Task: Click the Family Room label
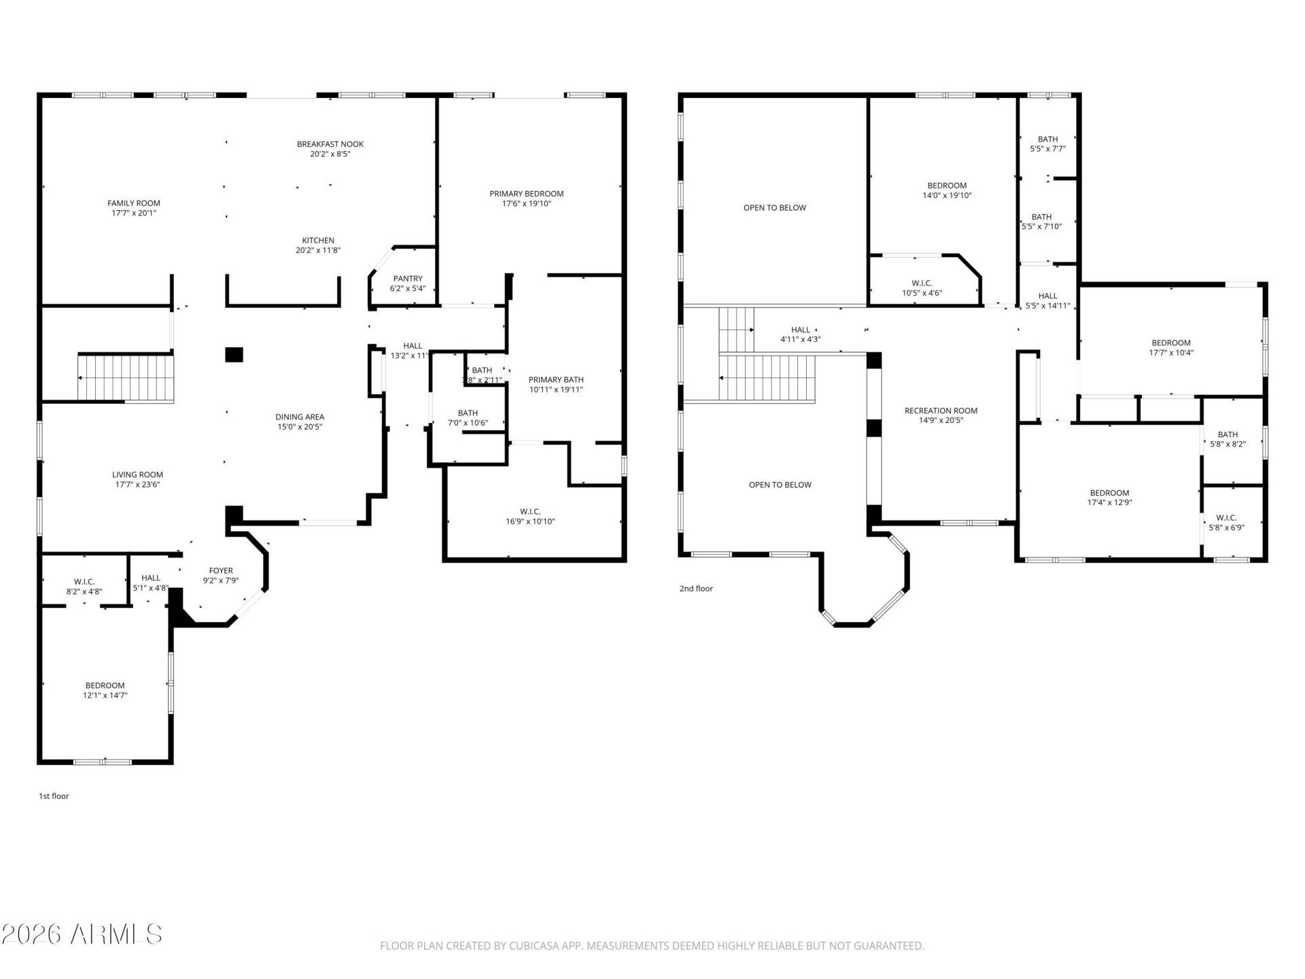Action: (x=134, y=203)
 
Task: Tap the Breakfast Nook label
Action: (x=330, y=144)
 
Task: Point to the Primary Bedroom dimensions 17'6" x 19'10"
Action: (x=527, y=203)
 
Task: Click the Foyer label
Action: (x=221, y=571)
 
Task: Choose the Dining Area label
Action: (x=300, y=417)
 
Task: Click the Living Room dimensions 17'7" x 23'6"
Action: (x=137, y=485)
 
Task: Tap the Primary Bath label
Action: (x=556, y=380)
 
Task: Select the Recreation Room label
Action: (x=941, y=411)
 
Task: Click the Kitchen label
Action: (x=318, y=241)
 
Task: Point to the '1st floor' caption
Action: (x=54, y=796)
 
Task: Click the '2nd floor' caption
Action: (x=696, y=589)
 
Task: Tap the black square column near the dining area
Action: (x=234, y=354)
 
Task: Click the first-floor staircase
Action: (x=125, y=377)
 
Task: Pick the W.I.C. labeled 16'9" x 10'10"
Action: (x=530, y=517)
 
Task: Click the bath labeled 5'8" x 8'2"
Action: (x=1228, y=439)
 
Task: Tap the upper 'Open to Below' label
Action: (x=775, y=208)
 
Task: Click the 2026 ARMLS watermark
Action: (x=82, y=934)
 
